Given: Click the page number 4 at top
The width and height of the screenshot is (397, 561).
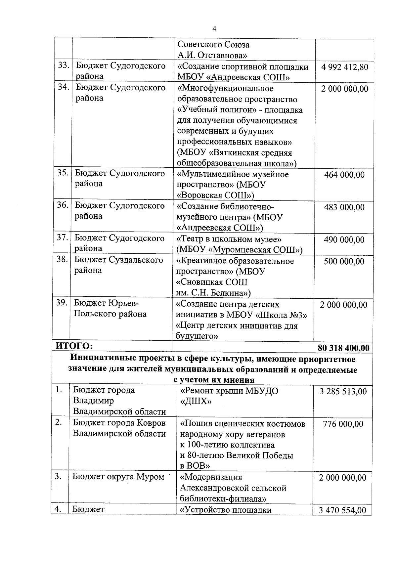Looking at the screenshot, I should [214, 29].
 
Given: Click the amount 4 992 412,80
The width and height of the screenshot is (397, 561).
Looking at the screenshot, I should [344, 67].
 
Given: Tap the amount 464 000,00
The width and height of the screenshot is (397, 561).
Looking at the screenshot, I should [344, 175].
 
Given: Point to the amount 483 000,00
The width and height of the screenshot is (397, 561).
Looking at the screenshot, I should [344, 207].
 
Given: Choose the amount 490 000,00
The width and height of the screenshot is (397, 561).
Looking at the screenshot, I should [344, 239].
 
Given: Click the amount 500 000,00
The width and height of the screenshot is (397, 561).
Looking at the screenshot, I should [344, 261].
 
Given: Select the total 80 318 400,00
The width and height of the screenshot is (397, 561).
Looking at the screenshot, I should [343, 348].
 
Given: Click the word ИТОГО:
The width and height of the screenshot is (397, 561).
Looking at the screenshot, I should [74, 346].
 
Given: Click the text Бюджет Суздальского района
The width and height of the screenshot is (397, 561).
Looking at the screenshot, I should [118, 265].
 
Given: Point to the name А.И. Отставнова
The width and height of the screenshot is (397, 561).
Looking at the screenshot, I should [212, 55].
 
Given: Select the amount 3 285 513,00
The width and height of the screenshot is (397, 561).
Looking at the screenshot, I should [343, 392].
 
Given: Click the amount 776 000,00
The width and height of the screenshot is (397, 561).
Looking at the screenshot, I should [343, 424].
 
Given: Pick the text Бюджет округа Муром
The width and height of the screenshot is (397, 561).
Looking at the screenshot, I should [118, 477].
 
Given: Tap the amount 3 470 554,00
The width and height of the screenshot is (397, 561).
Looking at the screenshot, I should [342, 520].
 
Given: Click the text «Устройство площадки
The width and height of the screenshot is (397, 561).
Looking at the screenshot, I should [225, 519].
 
